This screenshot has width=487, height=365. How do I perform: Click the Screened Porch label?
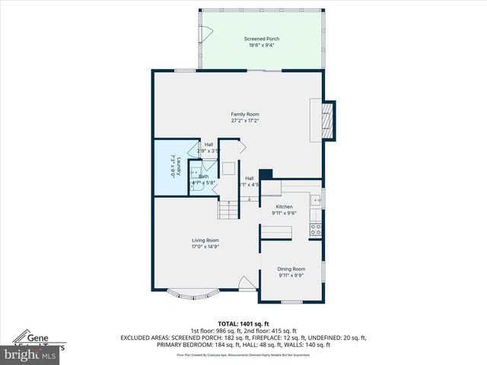pyautogui.click(x=262, y=38)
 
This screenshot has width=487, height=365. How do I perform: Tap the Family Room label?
pyautogui.click(x=245, y=114)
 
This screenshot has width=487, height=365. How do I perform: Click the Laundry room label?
pyautogui.click(x=174, y=167)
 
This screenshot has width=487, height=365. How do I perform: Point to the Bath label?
pyautogui.click(x=203, y=176)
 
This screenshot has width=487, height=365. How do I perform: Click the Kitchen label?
pyautogui.click(x=284, y=207)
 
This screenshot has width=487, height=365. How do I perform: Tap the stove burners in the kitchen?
pyautogui.click(x=315, y=228)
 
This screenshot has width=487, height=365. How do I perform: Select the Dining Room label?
pyautogui.click(x=291, y=268)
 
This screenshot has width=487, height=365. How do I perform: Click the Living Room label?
pyautogui.click(x=205, y=240)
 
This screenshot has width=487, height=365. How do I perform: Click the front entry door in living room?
pyautogui.click(x=247, y=284)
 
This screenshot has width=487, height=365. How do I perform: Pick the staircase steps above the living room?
pyautogui.click(x=229, y=208)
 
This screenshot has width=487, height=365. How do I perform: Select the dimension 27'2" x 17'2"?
pyautogui.click(x=245, y=121)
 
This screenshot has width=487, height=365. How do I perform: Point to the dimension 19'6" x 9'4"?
pyautogui.click(x=262, y=45)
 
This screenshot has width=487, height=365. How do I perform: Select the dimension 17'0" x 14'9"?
pyautogui.click(x=205, y=246)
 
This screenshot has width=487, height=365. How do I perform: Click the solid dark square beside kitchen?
pyautogui.click(x=266, y=175)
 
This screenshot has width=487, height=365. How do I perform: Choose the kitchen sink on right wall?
pyautogui.click(x=314, y=200)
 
